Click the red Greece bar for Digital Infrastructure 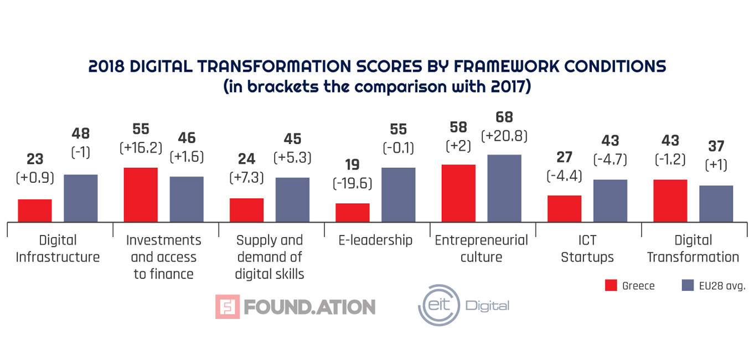pyautogui.click(x=35, y=211)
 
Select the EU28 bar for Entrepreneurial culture pyautogui.click(x=504, y=188)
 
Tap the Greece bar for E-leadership pyautogui.click(x=353, y=213)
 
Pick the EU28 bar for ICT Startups pyautogui.click(x=610, y=200)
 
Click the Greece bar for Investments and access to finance pyautogui.click(x=141, y=194)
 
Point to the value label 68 pyautogui.click(x=504, y=117)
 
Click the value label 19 pyautogui.click(x=352, y=165)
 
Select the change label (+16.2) pyautogui.click(x=141, y=148)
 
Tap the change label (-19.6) pyautogui.click(x=352, y=183)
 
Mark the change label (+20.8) pyautogui.click(x=504, y=136)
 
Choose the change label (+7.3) pyautogui.click(x=246, y=178)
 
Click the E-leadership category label pyautogui.click(x=376, y=240)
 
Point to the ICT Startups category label pyautogui.click(x=587, y=249)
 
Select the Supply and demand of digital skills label pyautogui.click(x=270, y=257)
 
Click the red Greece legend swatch pyautogui.click(x=611, y=286)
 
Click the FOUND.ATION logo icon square pyautogui.click(x=228, y=307)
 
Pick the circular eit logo pyautogui.click(x=439, y=305)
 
